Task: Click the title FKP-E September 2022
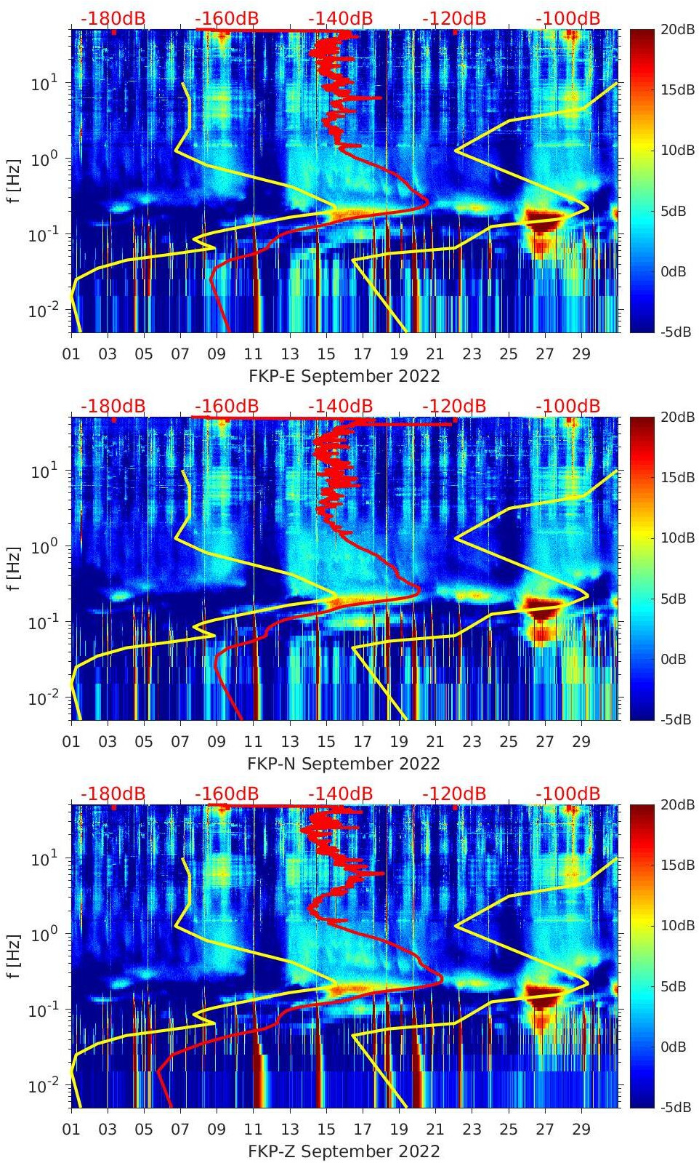344,376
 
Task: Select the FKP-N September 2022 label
344,764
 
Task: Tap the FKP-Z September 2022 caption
344,1151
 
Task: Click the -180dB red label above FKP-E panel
113,18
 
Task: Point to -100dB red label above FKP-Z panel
567,794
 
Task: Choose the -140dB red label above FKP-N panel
340,406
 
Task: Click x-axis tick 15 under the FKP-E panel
326,354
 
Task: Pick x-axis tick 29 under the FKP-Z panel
581,1130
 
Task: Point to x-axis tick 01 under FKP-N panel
71,742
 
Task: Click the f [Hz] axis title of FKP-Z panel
15,956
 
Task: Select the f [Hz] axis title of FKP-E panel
15,180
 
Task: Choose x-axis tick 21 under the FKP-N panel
435,742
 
